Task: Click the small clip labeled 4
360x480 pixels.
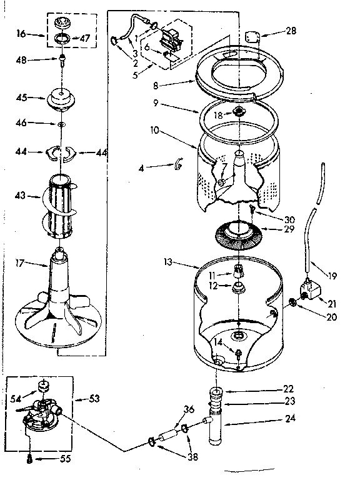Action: click(178, 164)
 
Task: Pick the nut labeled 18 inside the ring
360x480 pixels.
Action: click(238, 113)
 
